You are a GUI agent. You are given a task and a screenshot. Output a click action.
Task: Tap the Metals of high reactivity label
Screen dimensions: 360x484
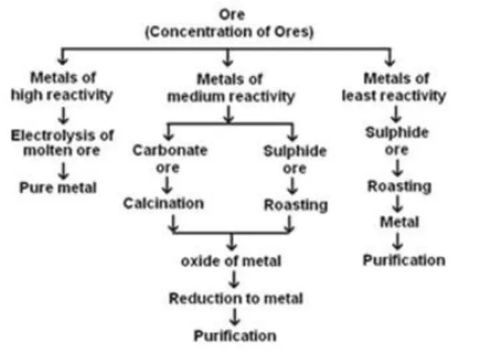pyautogui.click(x=62, y=87)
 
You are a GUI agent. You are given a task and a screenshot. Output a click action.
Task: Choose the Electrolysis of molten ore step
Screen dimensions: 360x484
pyautogui.click(x=62, y=142)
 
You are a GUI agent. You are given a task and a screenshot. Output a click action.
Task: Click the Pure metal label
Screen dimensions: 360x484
pyautogui.click(x=59, y=188)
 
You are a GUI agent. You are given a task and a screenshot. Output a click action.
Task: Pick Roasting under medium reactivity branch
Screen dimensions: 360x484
pyautogui.click(x=294, y=204)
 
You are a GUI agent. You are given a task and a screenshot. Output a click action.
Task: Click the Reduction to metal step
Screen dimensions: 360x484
pyautogui.click(x=235, y=298)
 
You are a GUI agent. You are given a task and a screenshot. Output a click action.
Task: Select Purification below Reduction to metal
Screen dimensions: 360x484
pyautogui.click(x=235, y=336)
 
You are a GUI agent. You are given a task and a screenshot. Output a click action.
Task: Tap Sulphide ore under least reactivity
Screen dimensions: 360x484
pyautogui.click(x=396, y=140)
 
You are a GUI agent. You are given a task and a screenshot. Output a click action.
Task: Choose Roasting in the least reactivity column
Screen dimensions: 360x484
pyautogui.click(x=399, y=186)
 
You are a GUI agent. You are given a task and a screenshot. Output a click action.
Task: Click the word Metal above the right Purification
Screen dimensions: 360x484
pyautogui.click(x=399, y=223)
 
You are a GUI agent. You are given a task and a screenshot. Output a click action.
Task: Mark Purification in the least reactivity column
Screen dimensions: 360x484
pyautogui.click(x=403, y=260)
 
